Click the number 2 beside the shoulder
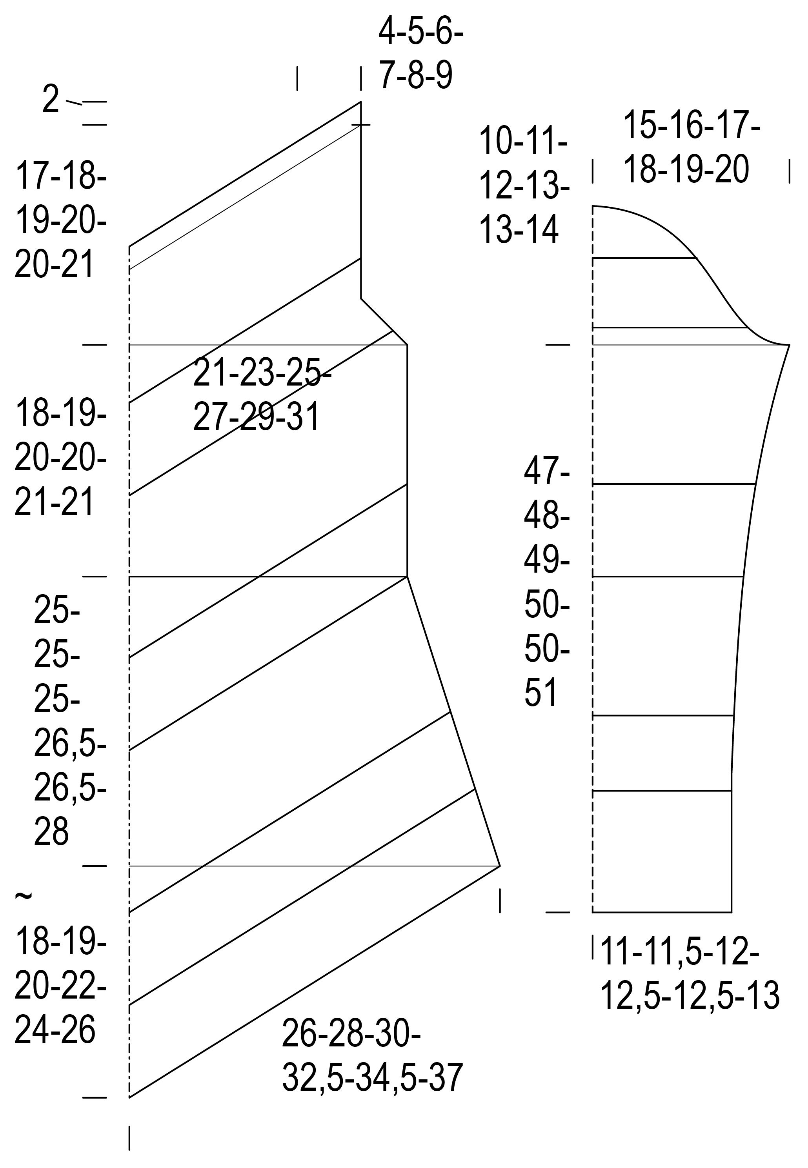[x=51, y=99]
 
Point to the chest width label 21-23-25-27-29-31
[x=262, y=395]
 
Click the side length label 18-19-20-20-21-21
[x=60, y=457]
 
